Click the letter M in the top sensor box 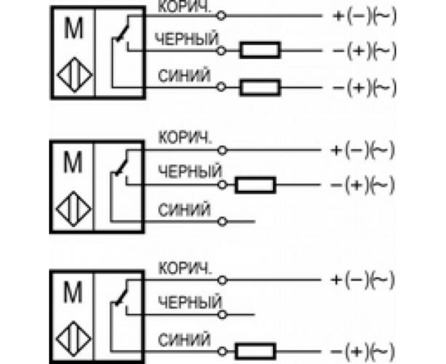[74, 29]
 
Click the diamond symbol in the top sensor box [74, 75]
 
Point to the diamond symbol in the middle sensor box [74, 209]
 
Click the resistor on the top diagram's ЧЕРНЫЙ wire [260, 50]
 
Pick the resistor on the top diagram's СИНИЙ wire [260, 87]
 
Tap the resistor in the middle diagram [255, 185]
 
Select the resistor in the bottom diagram [255, 351]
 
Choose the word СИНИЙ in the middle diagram [184, 210]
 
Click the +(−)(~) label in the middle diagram [362, 150]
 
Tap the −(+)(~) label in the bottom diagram [362, 351]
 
